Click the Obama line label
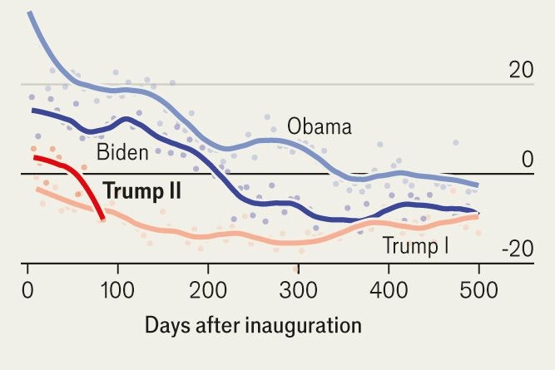click(320, 127)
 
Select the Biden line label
click(122, 153)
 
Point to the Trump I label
click(415, 245)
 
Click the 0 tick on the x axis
click(28, 293)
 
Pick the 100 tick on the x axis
click(117, 293)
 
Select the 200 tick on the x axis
click(207, 293)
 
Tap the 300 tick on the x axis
click(297, 293)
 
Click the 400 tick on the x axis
click(387, 293)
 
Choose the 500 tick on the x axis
click(477, 293)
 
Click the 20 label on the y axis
click(521, 71)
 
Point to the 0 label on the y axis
click(526, 160)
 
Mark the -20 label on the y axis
click(517, 249)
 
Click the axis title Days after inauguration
click(254, 325)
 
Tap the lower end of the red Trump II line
click(102, 219)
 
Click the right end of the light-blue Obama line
click(478, 185)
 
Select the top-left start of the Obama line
click(28, 12)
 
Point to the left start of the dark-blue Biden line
click(33, 110)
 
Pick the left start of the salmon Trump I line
click(37, 190)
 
